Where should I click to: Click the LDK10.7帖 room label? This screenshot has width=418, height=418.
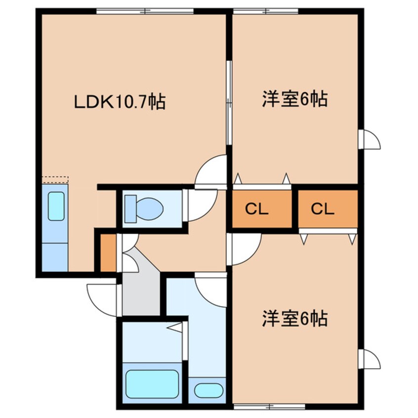pyautogui.click(x=120, y=102)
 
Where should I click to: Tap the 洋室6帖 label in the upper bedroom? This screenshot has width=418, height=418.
pyautogui.click(x=295, y=99)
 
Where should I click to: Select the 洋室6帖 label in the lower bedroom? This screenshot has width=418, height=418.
pyautogui.click(x=295, y=319)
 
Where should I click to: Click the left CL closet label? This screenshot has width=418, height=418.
pyautogui.click(x=257, y=209)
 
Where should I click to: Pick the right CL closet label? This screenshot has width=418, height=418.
pyautogui.click(x=323, y=209)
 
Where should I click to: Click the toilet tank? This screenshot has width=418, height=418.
pyautogui.click(x=130, y=209)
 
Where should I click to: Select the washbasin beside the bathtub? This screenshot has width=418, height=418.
pyautogui.click(x=209, y=390)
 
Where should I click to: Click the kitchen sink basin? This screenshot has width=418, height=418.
pyautogui.click(x=56, y=207)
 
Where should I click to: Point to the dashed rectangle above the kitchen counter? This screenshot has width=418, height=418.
pyautogui.click(x=55, y=179)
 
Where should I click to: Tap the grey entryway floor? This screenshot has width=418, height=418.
pyautogui.click(x=140, y=288)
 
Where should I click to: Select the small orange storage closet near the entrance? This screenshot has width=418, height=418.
pyautogui.click(x=108, y=252)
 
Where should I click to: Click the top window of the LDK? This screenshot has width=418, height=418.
pyautogui.click(x=145, y=11)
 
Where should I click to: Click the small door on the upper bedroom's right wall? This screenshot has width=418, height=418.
pyautogui.click(x=369, y=139)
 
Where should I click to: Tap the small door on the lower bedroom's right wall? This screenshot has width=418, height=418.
pyautogui.click(x=369, y=359)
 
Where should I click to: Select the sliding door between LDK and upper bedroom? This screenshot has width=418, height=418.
pyautogui.click(x=229, y=103)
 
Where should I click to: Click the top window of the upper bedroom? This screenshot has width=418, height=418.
pyautogui.click(x=265, y=11)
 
